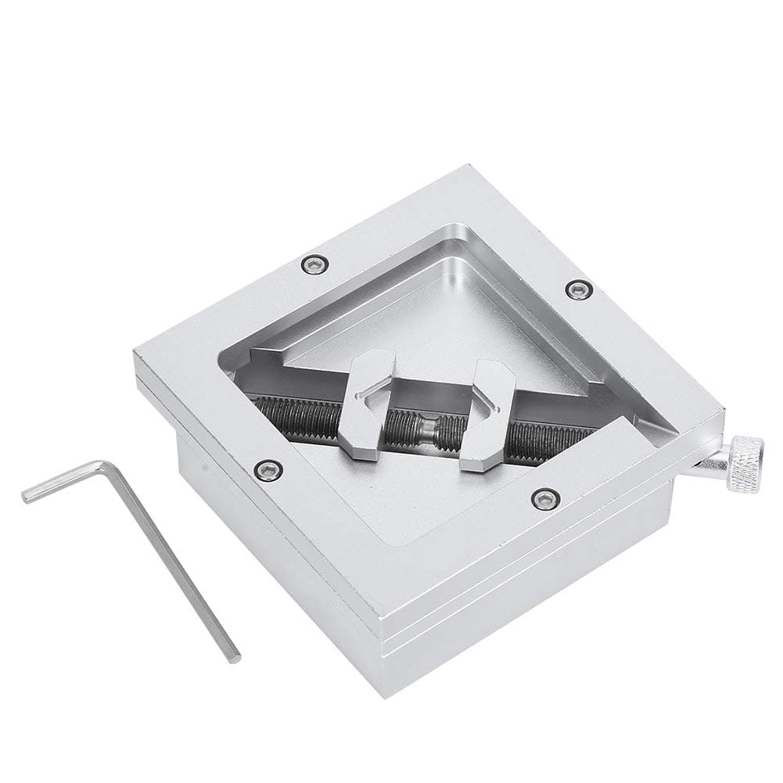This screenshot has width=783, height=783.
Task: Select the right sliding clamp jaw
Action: pos(491,415)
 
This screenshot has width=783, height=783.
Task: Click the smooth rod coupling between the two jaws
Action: pos(429,427)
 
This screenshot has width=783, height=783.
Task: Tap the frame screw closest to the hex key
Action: pos(268,469)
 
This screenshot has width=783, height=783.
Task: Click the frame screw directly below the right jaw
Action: pos(544,497)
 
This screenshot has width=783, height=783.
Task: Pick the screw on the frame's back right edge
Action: pos(578,289)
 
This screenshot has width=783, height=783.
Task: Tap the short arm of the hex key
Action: pos(66,480)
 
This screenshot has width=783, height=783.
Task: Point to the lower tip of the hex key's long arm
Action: pos(232,655)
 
